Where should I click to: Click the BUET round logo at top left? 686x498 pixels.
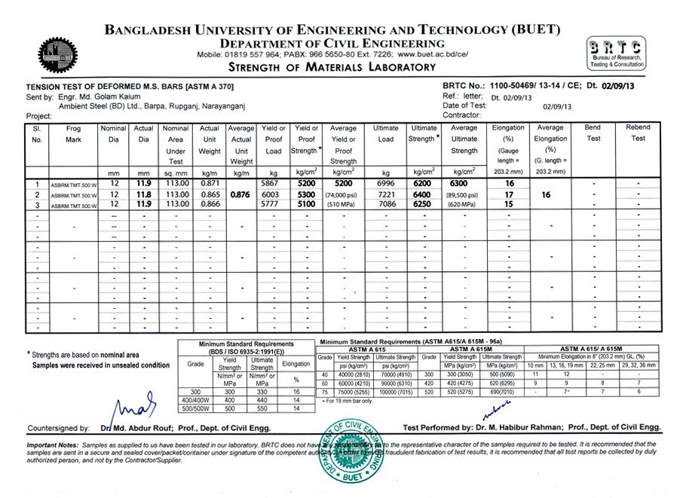pyautogui.click(x=57, y=53)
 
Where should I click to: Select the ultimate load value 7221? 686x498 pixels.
pyautogui.click(x=385, y=194)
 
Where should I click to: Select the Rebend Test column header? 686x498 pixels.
pyautogui.click(x=638, y=133)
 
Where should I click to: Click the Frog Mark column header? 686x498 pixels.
pyautogui.click(x=73, y=134)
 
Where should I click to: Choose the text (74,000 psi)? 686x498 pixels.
pyautogui.click(x=343, y=194)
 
